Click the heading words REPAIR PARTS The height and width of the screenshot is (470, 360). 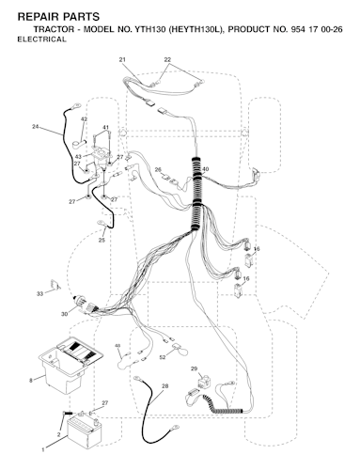click(x=58, y=17)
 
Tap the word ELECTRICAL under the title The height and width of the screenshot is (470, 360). click(x=41, y=39)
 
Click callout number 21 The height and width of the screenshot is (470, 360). click(x=122, y=59)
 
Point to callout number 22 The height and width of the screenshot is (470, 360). click(x=167, y=59)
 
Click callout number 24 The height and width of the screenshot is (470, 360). click(x=36, y=127)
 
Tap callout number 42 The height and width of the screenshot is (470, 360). click(x=84, y=119)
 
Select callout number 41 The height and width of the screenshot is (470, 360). click(x=106, y=128)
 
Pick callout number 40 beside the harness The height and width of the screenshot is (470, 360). click(x=206, y=169)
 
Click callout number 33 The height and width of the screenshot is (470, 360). click(x=39, y=294)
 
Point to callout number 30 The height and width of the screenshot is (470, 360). click(x=64, y=314)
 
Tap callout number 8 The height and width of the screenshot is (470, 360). click(x=31, y=381)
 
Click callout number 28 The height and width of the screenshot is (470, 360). click(x=165, y=386)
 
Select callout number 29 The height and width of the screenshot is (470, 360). click(x=194, y=368)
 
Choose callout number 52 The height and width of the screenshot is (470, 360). click(x=163, y=357)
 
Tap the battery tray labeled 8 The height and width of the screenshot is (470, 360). click(x=70, y=365)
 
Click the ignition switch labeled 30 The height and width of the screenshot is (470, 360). click(x=85, y=304)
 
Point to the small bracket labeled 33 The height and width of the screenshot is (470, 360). click(x=55, y=285)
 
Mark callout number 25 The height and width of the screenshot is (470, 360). click(x=102, y=241)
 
